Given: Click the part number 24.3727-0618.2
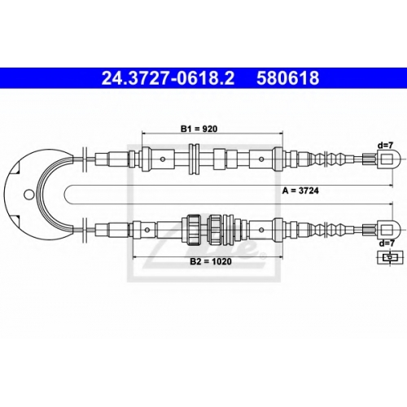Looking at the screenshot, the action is click(168, 78).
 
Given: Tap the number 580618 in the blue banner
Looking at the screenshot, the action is click(288, 78).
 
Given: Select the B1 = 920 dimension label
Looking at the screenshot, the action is click(199, 129).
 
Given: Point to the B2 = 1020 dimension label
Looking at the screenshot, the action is click(211, 261).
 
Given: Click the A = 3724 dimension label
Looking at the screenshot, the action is click(300, 190).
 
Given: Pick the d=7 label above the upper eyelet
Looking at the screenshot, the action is click(385, 146).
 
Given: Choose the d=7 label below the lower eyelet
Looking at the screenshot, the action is click(387, 243).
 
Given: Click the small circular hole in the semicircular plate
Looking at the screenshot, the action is click(28, 195).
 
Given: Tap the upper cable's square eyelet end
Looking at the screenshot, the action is click(388, 159).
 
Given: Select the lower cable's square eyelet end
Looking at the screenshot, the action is click(388, 230).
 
